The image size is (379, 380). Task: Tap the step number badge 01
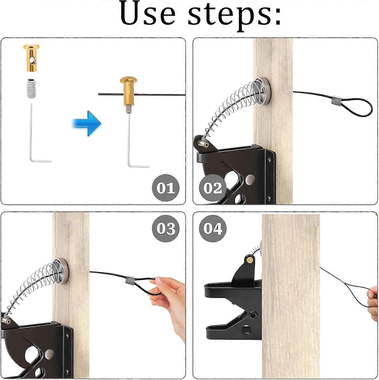[166, 188]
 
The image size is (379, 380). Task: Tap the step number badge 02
[212, 188]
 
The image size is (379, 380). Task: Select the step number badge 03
[166, 229]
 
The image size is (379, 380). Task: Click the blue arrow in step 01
[87, 123]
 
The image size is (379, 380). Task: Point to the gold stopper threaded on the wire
[128, 92]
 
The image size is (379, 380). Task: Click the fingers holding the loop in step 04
[373, 301]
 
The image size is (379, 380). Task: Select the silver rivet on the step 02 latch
[251, 179]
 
